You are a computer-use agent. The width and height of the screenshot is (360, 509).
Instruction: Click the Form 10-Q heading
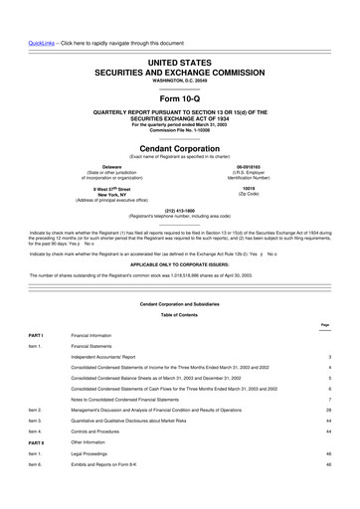point(179,74)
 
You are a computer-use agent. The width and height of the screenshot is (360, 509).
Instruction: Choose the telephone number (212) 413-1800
point(179,210)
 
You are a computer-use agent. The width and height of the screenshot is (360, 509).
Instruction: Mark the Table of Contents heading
point(179,314)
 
